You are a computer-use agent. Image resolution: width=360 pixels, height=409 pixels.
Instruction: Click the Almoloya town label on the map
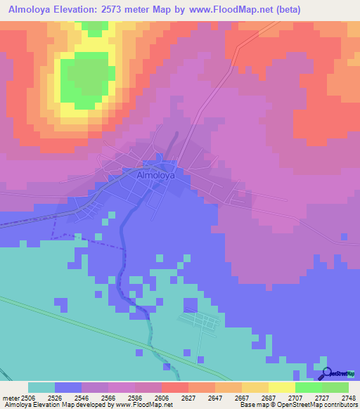(155, 176)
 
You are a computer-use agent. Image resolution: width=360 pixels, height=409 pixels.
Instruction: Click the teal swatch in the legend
(41, 388)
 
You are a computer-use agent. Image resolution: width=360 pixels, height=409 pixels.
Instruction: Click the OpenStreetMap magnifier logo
(326, 373)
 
